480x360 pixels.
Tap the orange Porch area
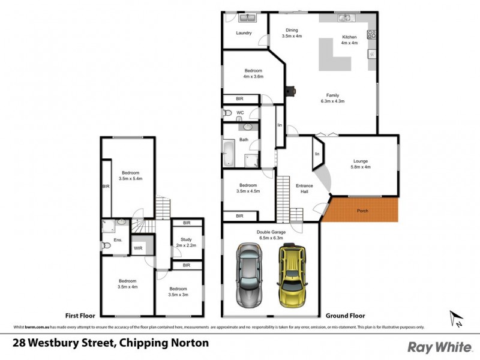pyautogui.click(x=362, y=211)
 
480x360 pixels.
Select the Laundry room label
pyautogui.click(x=244, y=33)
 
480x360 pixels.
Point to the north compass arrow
pyautogui.click(x=455, y=318)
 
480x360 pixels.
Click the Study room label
pyautogui.click(x=186, y=239)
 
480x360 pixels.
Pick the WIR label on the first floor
pyautogui.click(x=137, y=248)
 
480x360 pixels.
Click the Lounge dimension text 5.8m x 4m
pyautogui.click(x=360, y=167)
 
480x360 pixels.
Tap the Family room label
pyautogui.click(x=332, y=95)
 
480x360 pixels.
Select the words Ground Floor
pyautogui.click(x=345, y=315)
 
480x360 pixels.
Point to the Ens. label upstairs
pyautogui.click(x=118, y=240)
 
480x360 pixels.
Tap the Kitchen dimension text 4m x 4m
pyautogui.click(x=349, y=43)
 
